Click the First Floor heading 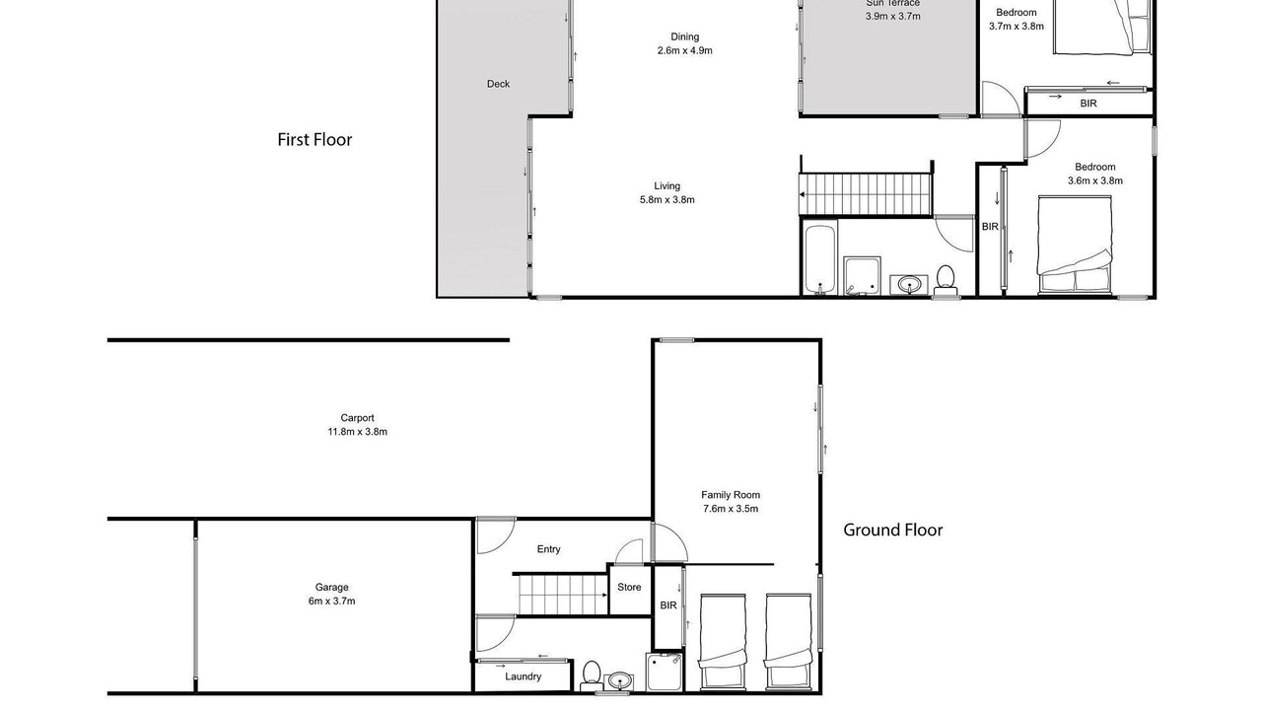point(315,140)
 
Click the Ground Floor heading point(892,530)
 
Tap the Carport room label point(357,418)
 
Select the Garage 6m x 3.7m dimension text point(332,602)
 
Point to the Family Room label point(731,495)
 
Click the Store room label point(629,587)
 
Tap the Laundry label point(523,676)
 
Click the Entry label point(548,549)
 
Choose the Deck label point(498,84)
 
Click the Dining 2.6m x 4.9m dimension point(684,50)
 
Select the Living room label point(667,186)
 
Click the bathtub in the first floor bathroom point(819,259)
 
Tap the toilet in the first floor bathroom point(946,280)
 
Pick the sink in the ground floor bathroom point(618,681)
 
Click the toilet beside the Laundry point(591,675)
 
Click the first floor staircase point(866,194)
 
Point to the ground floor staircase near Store point(562,594)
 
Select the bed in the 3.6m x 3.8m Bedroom point(1075,246)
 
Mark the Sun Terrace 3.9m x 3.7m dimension point(893,17)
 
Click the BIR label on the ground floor point(668,605)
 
